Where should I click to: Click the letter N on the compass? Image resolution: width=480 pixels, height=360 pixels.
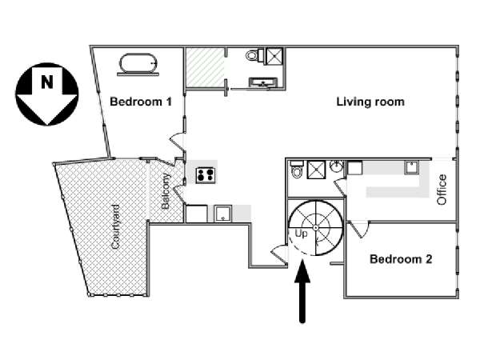click(47, 82)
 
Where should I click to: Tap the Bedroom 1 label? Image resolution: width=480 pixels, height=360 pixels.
click(141, 102)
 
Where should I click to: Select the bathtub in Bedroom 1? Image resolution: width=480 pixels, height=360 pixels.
click(138, 63)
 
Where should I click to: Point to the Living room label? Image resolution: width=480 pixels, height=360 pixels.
click(370, 102)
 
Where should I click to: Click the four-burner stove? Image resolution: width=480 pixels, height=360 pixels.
click(206, 175)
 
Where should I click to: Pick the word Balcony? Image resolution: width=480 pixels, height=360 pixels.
click(166, 191)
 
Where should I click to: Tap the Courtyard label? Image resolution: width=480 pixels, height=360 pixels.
click(115, 227)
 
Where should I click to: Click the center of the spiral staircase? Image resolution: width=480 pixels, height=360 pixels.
click(316, 228)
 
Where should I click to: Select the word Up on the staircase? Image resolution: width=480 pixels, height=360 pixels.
click(301, 234)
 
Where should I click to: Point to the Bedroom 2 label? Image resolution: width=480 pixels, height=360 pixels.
click(401, 259)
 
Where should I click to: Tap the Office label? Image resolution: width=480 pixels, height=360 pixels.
click(442, 190)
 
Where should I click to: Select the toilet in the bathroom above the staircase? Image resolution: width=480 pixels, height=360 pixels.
click(297, 170)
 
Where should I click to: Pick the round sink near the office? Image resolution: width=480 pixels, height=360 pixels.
click(337, 167)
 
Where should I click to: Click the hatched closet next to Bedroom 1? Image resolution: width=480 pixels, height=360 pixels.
click(205, 67)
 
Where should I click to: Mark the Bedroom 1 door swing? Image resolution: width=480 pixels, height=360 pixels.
click(178, 142)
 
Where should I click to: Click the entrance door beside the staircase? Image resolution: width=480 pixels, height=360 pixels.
click(279, 254)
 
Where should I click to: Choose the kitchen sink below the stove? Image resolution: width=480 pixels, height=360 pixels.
click(222, 214)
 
